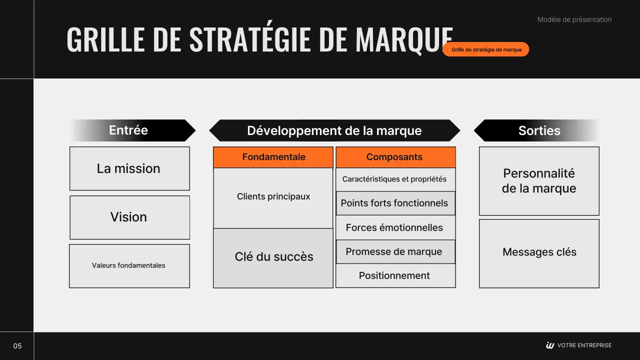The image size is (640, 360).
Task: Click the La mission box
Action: coord(129,168)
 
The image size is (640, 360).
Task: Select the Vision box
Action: coord(129,217)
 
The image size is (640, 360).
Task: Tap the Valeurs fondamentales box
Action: coord(129,265)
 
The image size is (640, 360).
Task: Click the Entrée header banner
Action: coord(132,130)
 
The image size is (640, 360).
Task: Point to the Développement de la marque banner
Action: coord(334,130)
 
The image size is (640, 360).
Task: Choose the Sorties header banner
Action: coord(536,130)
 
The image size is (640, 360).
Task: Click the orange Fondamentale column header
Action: coord(273,157)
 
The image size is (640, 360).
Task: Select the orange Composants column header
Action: coord(395,157)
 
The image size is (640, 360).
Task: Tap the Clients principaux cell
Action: coord(273,197)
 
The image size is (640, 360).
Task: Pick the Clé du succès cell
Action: coord(273,257)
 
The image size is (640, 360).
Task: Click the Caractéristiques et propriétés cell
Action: coord(395,179)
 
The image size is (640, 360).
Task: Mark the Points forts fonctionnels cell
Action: coord(395,203)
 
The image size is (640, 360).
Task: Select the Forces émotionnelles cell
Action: coord(395,227)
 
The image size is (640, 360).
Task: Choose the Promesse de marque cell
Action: coord(395,251)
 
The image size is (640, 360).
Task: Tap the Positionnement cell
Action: coord(395,275)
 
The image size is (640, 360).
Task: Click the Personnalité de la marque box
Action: coord(539,181)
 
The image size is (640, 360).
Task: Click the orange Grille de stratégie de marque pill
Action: coord(485,49)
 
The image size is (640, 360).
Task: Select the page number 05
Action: coord(17,346)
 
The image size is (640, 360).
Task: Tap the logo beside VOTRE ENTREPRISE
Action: coord(550,345)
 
